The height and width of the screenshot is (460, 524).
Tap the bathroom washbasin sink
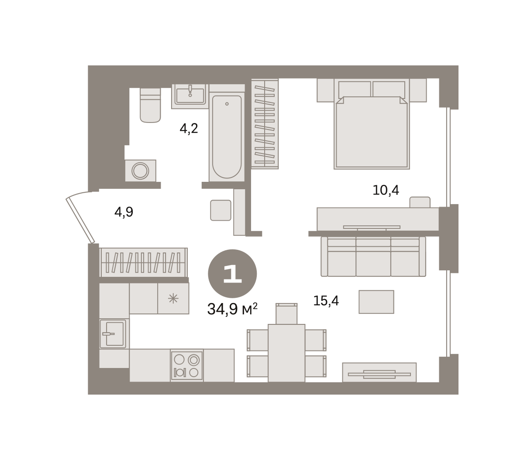(x=190, y=95)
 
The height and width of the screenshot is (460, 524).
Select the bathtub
(x=227, y=137)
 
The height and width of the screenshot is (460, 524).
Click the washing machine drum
(x=140, y=171)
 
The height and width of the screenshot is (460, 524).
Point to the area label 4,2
(x=189, y=128)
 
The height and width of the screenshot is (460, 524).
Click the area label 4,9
(x=124, y=212)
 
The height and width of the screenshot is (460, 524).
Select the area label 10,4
(x=386, y=190)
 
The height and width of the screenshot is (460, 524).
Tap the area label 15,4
(x=326, y=301)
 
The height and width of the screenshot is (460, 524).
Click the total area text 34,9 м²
(x=232, y=309)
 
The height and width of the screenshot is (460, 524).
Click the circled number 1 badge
(x=232, y=273)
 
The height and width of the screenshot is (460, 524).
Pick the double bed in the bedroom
(x=372, y=124)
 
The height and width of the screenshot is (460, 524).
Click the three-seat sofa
(x=373, y=256)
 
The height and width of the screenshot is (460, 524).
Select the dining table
(x=286, y=353)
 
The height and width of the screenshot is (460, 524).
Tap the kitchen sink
(x=113, y=334)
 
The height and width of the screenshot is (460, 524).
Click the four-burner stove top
(x=187, y=365)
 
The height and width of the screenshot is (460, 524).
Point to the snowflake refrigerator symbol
(x=173, y=299)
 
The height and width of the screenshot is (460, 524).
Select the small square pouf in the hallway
(x=221, y=210)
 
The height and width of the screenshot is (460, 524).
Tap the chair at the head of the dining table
(x=286, y=313)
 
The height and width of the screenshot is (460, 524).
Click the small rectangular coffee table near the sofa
(x=376, y=302)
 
